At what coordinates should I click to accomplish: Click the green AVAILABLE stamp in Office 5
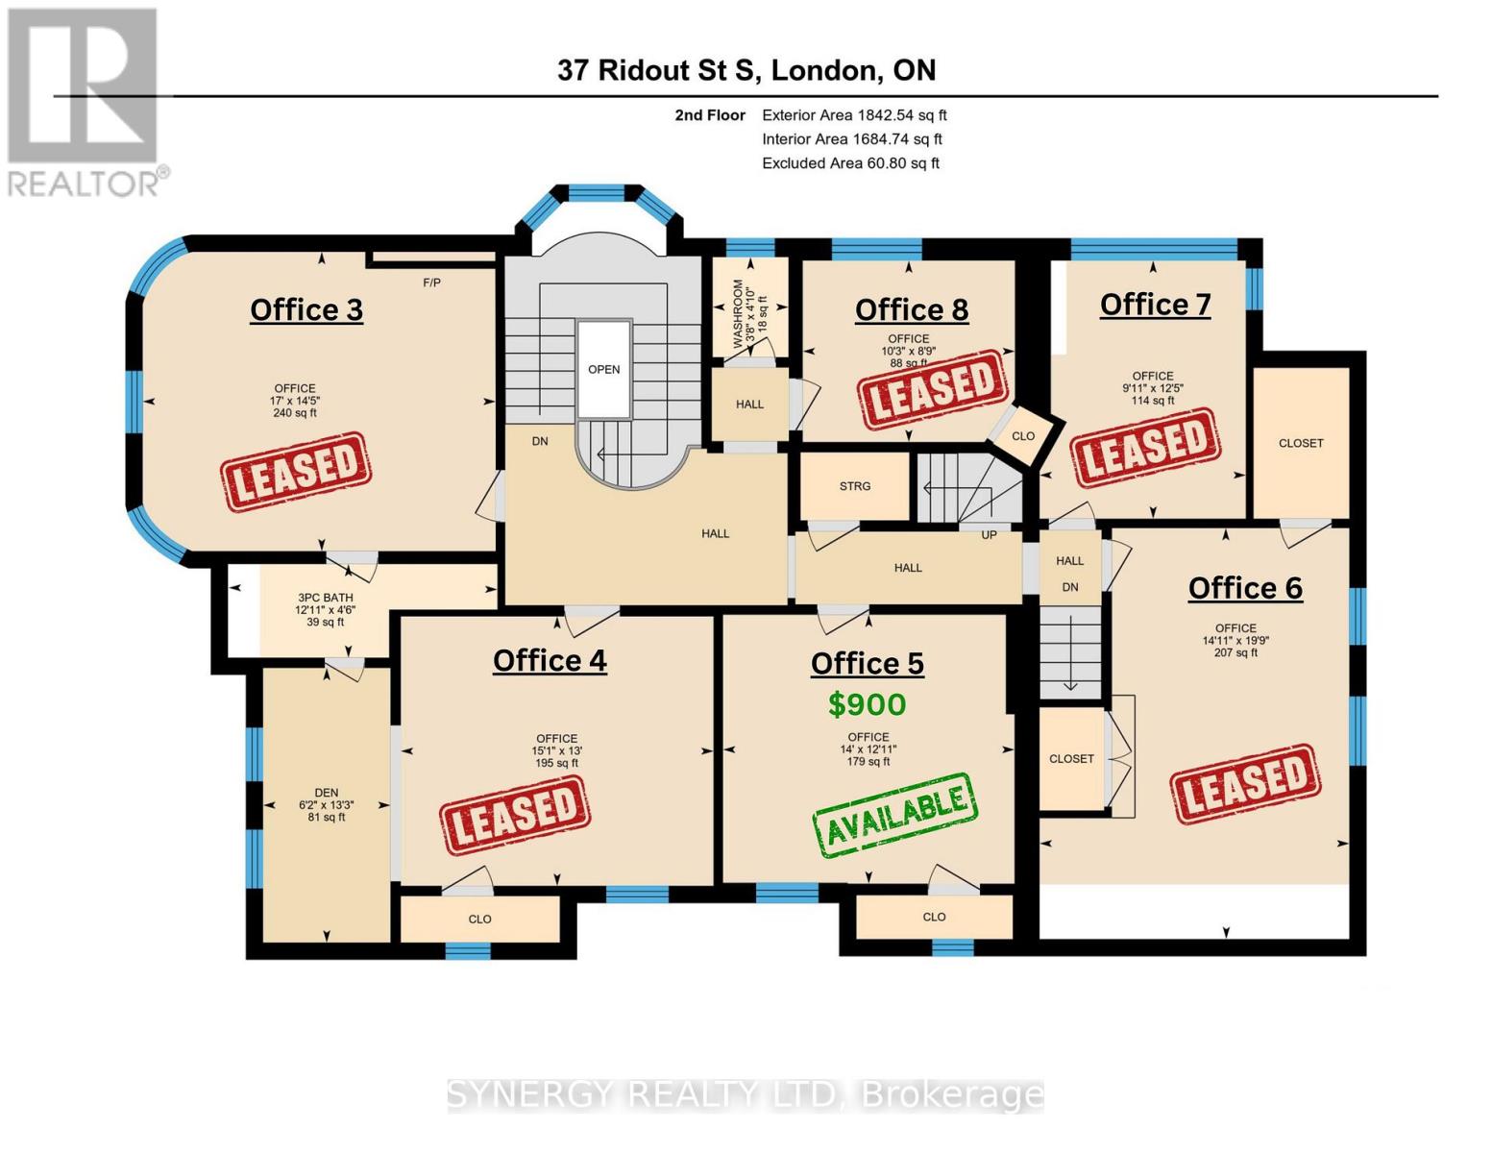click(x=894, y=815)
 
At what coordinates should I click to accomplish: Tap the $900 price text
click(x=867, y=704)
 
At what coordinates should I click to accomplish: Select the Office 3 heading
click(x=306, y=309)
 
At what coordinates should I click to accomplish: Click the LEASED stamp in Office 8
click(x=932, y=389)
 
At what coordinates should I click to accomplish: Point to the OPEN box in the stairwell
click(x=603, y=369)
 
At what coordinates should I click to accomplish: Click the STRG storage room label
click(x=854, y=486)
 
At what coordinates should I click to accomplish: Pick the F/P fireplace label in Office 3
click(x=432, y=282)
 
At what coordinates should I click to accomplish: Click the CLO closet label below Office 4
click(x=479, y=919)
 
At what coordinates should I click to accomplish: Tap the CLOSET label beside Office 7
click(x=1301, y=443)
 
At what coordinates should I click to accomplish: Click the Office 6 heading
click(x=1245, y=587)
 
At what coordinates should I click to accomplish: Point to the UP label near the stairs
click(x=989, y=534)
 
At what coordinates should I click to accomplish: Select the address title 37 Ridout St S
click(x=746, y=70)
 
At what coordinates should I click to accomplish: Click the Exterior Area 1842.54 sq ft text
click(x=854, y=115)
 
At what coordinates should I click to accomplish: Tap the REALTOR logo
click(x=84, y=101)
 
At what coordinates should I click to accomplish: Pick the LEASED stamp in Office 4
click(x=514, y=815)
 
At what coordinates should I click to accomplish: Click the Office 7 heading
click(x=1155, y=304)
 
